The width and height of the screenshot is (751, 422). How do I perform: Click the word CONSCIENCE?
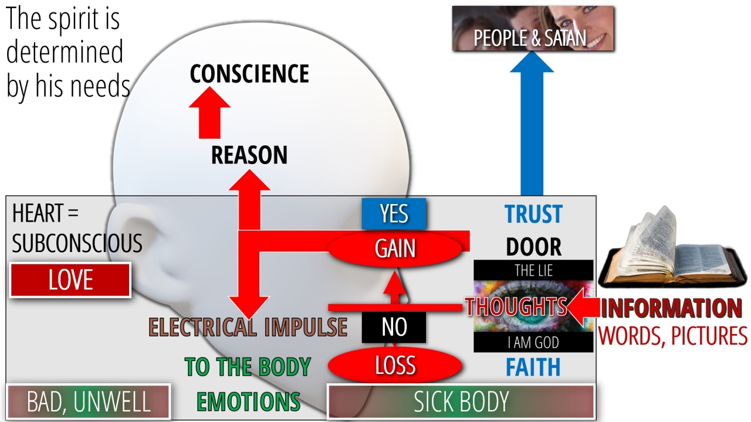click(x=249, y=74)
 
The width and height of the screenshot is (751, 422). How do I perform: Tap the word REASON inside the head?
click(x=249, y=155)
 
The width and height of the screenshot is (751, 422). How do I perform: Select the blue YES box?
click(x=394, y=214)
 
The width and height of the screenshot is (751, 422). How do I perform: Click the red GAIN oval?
click(x=395, y=249)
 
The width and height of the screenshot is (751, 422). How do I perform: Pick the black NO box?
click(x=394, y=327)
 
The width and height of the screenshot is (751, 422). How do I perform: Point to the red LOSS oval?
click(x=395, y=366)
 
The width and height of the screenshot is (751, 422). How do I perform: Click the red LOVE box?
click(x=70, y=280)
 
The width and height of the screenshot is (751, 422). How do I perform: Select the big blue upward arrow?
click(x=532, y=129)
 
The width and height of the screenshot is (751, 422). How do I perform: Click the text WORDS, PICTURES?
click(x=673, y=336)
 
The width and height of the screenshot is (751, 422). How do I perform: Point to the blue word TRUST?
click(x=533, y=215)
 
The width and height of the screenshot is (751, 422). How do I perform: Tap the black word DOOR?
click(x=533, y=247)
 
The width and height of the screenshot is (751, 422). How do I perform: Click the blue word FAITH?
click(x=533, y=367)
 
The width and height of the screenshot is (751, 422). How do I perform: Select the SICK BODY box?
click(x=461, y=401)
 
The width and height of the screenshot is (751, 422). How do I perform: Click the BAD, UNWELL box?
click(x=89, y=402)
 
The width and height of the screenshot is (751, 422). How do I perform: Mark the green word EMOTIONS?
click(x=248, y=402)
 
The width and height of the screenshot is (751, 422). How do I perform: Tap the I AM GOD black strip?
click(x=533, y=343)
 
